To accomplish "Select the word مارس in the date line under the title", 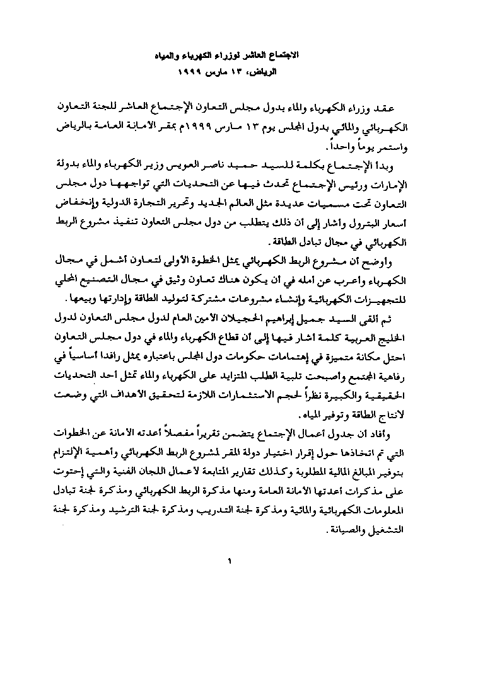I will click(x=221, y=71).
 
